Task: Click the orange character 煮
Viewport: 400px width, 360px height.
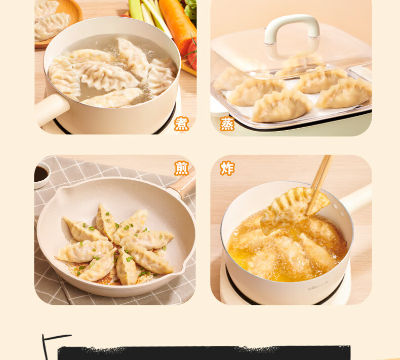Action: click(x=181, y=124)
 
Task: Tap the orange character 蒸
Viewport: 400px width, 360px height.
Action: click(x=227, y=124)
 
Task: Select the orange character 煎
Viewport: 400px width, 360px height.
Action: click(x=181, y=168)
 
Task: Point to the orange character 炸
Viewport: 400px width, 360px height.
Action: click(x=227, y=168)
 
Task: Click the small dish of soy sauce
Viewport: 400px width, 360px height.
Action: click(x=41, y=175)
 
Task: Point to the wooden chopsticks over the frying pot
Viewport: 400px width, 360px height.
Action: click(x=320, y=184)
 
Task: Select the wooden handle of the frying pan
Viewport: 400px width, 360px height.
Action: click(x=182, y=184)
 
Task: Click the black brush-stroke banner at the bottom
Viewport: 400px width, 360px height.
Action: click(x=204, y=353)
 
